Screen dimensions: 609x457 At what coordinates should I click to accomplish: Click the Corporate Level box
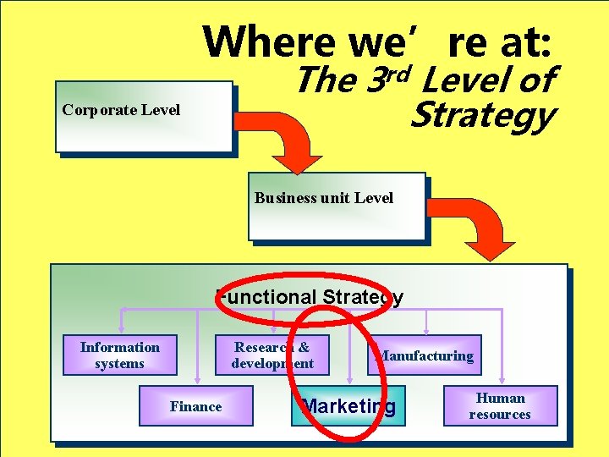[x=144, y=117]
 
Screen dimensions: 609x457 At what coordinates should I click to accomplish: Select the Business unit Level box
[x=336, y=206]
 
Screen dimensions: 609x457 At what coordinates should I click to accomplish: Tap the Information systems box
[x=120, y=355]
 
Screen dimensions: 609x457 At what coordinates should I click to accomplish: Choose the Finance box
[x=195, y=406]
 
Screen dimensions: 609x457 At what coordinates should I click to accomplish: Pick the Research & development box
[x=272, y=355]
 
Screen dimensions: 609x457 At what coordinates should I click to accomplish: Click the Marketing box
[x=348, y=406]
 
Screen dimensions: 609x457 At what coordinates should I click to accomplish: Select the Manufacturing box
[x=425, y=355]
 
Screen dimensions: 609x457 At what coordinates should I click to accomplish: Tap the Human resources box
[x=500, y=406]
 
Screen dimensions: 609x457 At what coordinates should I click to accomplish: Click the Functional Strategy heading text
[x=310, y=297]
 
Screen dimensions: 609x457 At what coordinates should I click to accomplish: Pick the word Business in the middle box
[x=285, y=198]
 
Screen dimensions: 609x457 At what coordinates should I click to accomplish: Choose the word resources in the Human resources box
[x=500, y=415]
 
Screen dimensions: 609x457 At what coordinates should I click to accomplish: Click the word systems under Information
[x=120, y=364]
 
